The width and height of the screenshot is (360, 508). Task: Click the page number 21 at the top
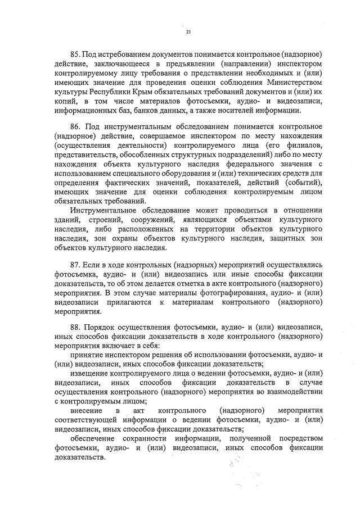pos(188,31)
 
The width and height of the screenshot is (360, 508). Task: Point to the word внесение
pos(87,410)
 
